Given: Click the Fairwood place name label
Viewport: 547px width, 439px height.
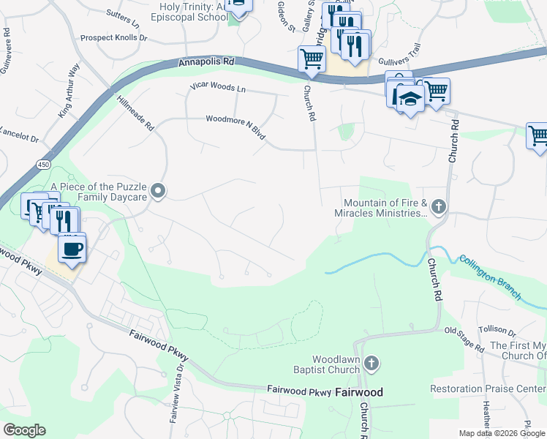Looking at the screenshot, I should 360,392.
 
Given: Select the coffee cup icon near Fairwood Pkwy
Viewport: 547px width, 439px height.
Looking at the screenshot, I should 72,249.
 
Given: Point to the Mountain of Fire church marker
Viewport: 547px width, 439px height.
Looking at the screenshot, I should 438,207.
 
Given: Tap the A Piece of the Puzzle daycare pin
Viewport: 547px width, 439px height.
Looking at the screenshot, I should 159,192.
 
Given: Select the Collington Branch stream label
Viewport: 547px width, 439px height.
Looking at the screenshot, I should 490,277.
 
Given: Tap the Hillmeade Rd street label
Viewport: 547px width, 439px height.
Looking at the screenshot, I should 135,113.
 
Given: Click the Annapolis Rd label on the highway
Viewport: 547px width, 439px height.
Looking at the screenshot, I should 205,64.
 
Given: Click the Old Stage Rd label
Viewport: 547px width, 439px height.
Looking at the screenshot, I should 464,336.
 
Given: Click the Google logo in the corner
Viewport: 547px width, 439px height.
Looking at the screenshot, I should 24,430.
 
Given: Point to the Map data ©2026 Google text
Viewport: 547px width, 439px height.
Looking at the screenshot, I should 501,433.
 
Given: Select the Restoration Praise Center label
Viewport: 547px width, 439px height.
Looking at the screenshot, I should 488,389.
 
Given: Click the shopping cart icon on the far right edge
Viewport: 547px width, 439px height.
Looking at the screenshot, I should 538,135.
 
